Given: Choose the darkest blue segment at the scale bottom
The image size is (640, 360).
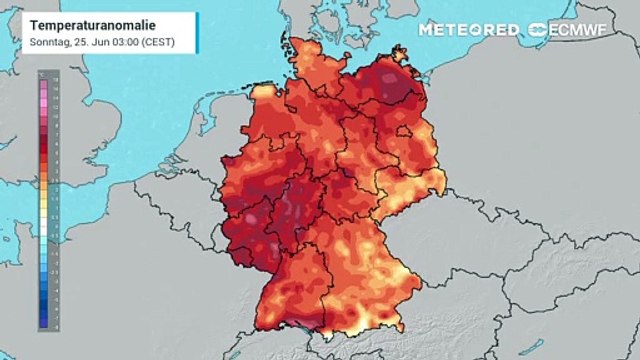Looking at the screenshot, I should tap(42, 323).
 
